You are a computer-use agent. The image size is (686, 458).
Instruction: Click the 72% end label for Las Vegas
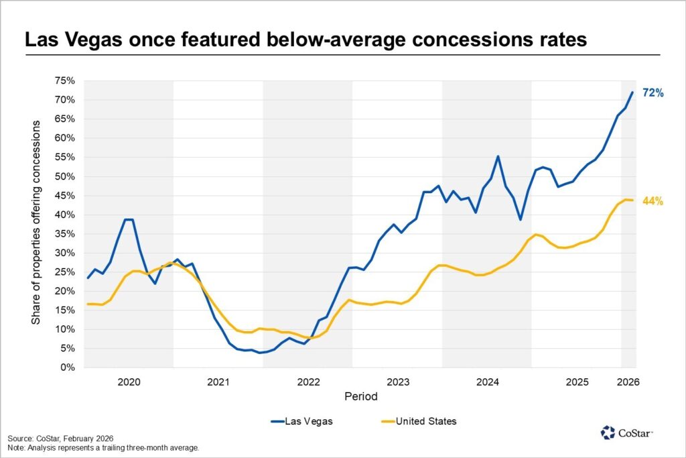(x=653, y=93)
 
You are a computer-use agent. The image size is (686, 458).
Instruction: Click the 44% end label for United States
(x=653, y=201)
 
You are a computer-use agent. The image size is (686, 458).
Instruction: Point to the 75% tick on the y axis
(x=64, y=80)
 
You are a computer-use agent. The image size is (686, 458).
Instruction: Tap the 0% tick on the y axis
(x=67, y=367)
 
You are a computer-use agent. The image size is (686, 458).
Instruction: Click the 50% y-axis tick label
(x=64, y=176)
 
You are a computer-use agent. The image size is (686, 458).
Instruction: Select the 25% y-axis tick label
(x=64, y=272)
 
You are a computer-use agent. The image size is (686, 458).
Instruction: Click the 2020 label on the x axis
(x=129, y=382)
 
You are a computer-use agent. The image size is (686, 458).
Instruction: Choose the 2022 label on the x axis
(x=308, y=382)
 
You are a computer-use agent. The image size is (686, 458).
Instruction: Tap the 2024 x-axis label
(x=487, y=382)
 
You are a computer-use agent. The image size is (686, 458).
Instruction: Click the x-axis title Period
(x=361, y=396)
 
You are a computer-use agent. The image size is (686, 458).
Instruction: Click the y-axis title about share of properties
(x=36, y=224)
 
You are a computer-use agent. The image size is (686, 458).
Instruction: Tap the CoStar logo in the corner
(x=626, y=433)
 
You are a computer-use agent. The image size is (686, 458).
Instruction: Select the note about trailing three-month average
(x=103, y=447)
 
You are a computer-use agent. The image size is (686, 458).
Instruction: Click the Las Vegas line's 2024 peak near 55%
(x=498, y=156)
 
